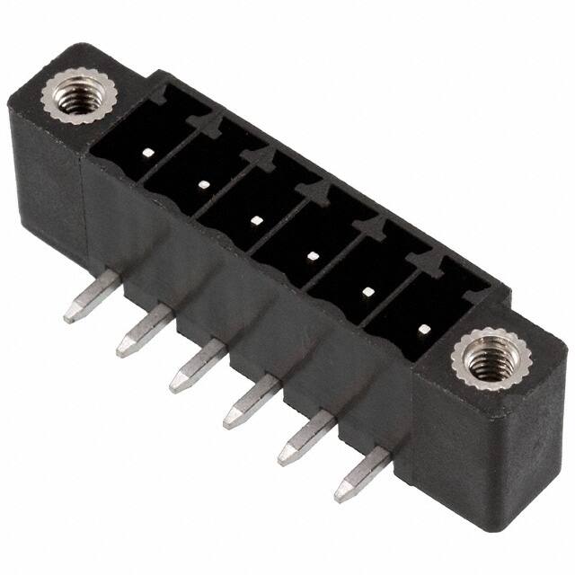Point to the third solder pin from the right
(x=250, y=402)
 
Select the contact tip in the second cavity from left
(x=203, y=185)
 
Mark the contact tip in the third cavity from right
(x=313, y=256)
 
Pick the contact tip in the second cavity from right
(x=368, y=291)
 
